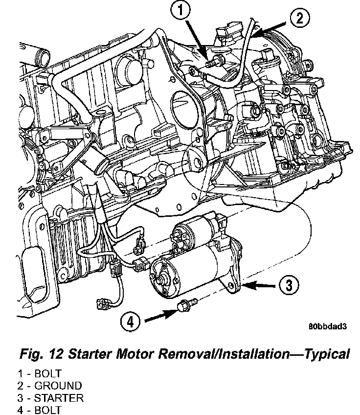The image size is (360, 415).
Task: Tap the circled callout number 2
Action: point(299,19)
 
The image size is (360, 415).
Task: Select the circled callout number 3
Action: point(289,284)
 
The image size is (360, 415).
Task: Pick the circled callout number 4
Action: point(130,322)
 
